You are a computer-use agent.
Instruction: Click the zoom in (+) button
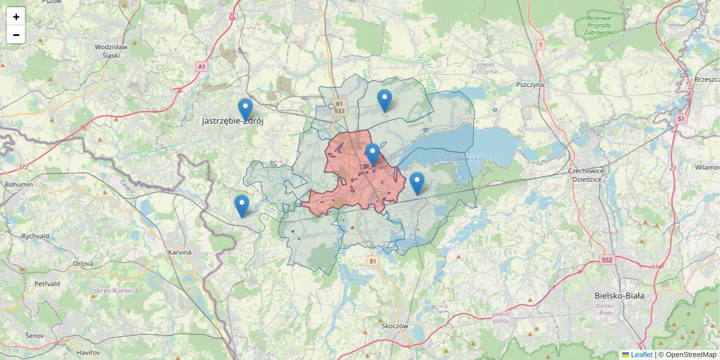coord(16,17)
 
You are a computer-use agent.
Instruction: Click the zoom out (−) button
coord(16,35)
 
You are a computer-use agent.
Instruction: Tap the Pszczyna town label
coord(529,85)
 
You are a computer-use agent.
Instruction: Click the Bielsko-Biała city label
coord(619,296)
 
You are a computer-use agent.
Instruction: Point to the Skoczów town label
coord(394,326)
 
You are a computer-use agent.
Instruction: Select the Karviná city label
coord(179,253)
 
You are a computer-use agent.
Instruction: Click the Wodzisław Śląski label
coord(111,50)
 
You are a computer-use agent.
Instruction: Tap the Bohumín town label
coord(19,184)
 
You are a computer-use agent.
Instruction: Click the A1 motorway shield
coord(202,67)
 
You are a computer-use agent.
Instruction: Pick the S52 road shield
coord(607,260)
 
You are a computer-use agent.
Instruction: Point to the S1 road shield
coord(680,119)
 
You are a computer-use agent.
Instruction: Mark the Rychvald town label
coord(35,236)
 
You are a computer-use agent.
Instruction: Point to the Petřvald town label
coord(47,283)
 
